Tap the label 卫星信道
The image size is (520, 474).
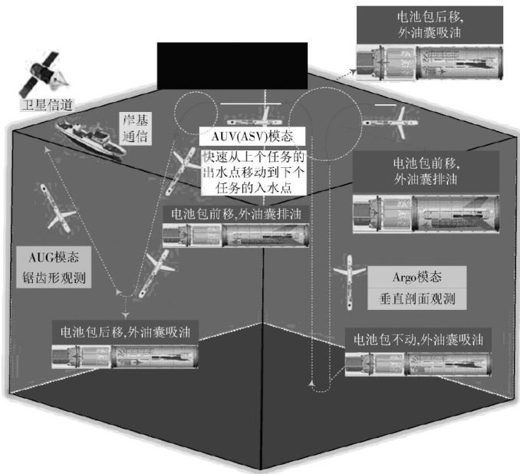(43, 105)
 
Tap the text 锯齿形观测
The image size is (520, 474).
(54, 279)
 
